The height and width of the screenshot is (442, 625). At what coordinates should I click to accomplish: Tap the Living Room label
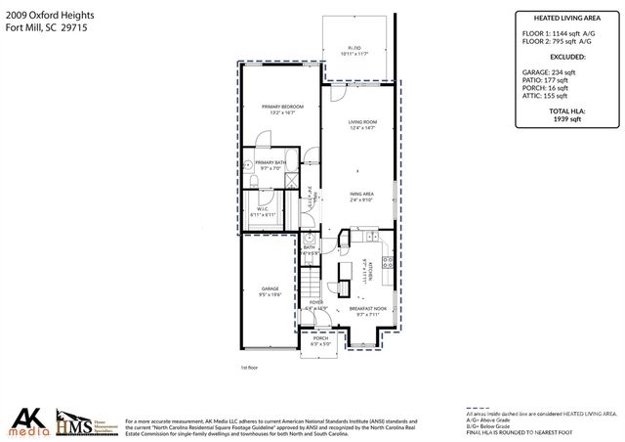coord(362,124)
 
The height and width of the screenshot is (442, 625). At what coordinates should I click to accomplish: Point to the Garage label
coord(270,290)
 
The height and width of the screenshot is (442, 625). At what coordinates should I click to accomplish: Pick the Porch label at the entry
coord(320,340)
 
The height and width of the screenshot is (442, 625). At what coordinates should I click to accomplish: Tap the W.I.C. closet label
coord(263,211)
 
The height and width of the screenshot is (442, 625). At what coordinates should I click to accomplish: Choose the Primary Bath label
coord(271,164)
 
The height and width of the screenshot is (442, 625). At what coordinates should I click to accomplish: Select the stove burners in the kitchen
coord(388,261)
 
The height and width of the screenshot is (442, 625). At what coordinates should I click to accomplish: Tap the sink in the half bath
coord(306,238)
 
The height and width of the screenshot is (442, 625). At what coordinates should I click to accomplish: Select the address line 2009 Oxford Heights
coord(44,13)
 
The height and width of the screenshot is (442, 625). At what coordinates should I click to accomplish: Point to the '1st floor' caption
coord(250,368)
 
